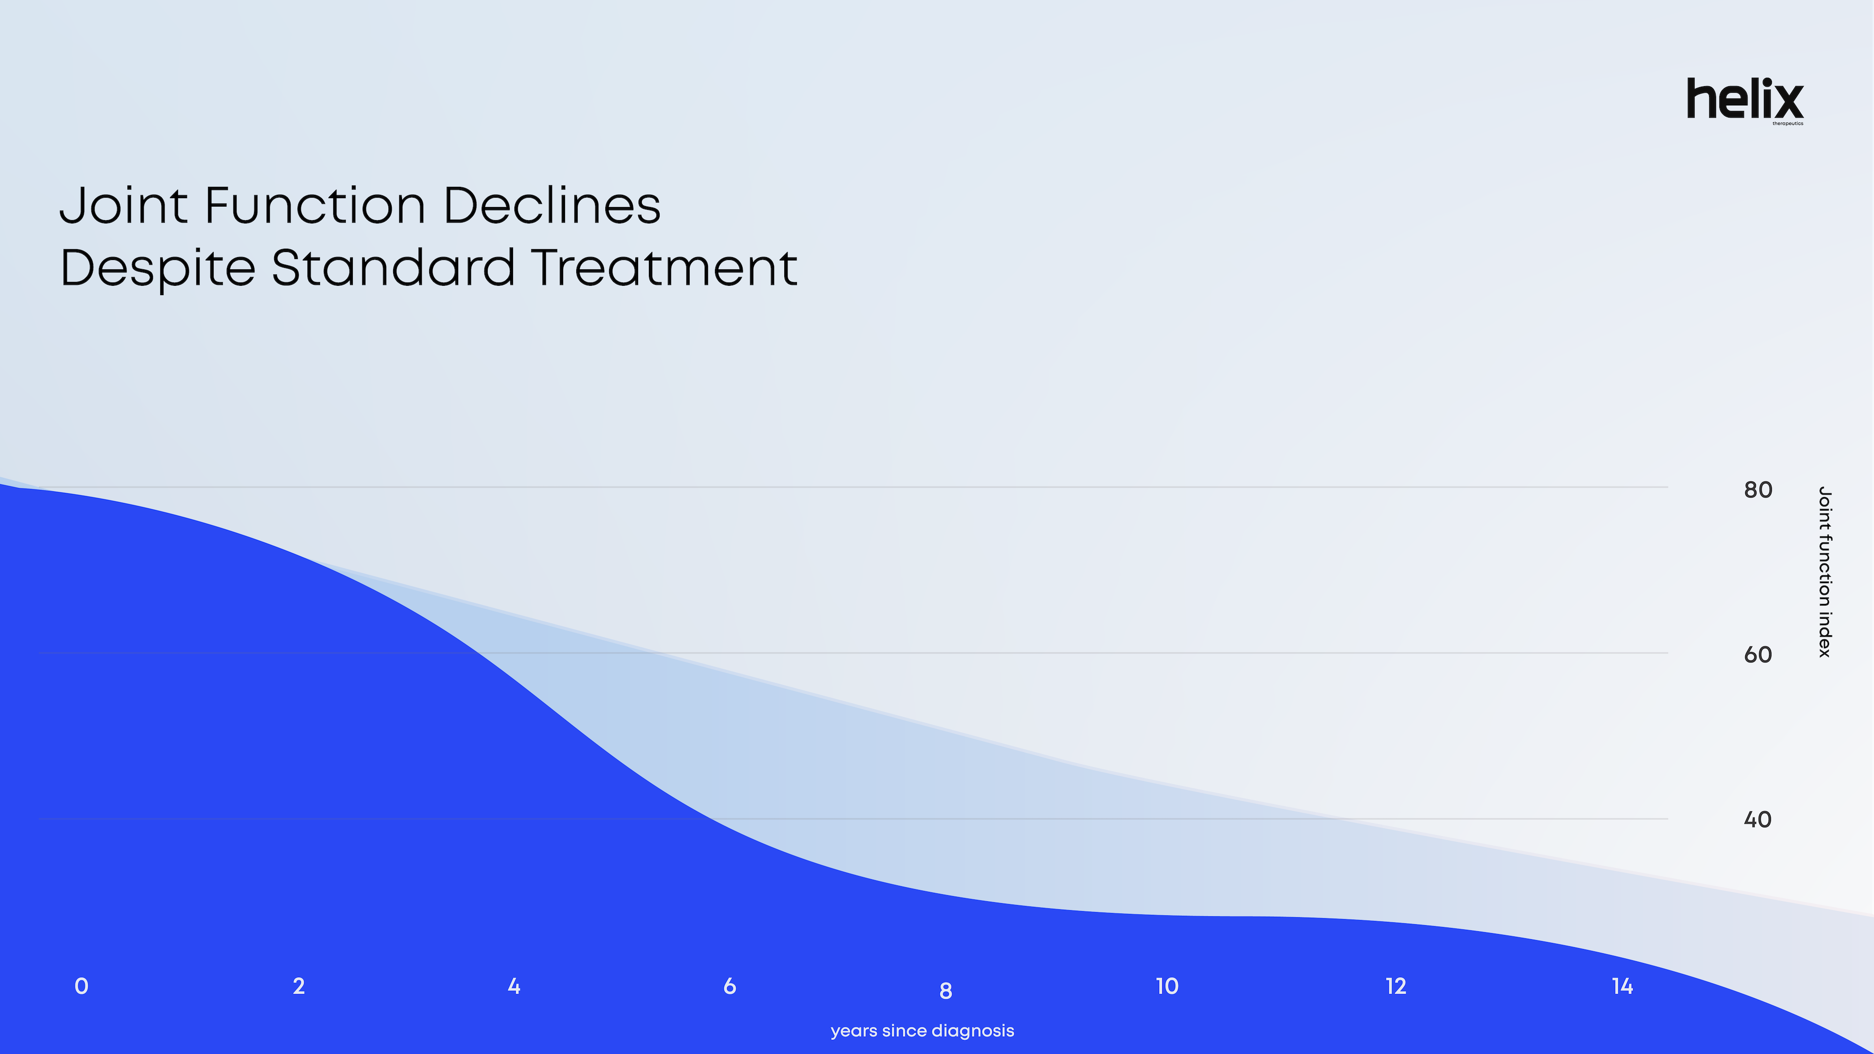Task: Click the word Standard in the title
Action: [x=394, y=267]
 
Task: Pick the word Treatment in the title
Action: [x=665, y=267]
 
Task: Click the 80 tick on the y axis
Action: [x=1758, y=490]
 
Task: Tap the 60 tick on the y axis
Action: [x=1758, y=655]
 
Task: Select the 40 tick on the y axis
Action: [x=1758, y=820]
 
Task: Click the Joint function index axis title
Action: [x=1824, y=572]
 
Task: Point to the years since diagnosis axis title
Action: [x=922, y=1031]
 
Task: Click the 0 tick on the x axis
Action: [x=82, y=987]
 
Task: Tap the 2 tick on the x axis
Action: [x=299, y=987]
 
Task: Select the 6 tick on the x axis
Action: [x=729, y=987]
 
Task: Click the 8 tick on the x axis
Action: [x=946, y=991]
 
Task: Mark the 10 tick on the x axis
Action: [x=1167, y=987]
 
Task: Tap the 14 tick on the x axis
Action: [x=1622, y=987]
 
